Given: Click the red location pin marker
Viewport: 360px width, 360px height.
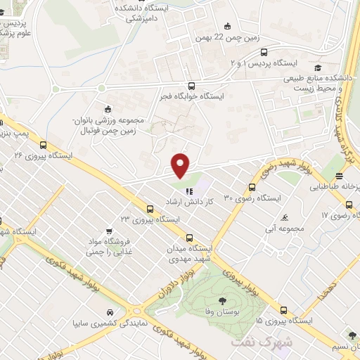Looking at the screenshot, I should tap(181, 165).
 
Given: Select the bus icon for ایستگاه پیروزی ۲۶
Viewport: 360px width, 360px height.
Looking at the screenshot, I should tap(44, 143).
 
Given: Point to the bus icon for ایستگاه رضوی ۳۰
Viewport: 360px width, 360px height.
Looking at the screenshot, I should tap(252, 187).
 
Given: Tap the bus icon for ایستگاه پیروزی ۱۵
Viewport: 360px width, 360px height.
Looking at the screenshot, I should tap(283, 309).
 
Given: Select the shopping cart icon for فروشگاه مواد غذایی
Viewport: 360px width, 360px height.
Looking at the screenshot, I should tap(108, 231).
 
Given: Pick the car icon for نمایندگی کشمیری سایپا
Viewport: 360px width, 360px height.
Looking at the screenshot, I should tap(109, 311).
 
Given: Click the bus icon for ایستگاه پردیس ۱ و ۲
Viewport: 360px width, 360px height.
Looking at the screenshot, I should tap(264, 52).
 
